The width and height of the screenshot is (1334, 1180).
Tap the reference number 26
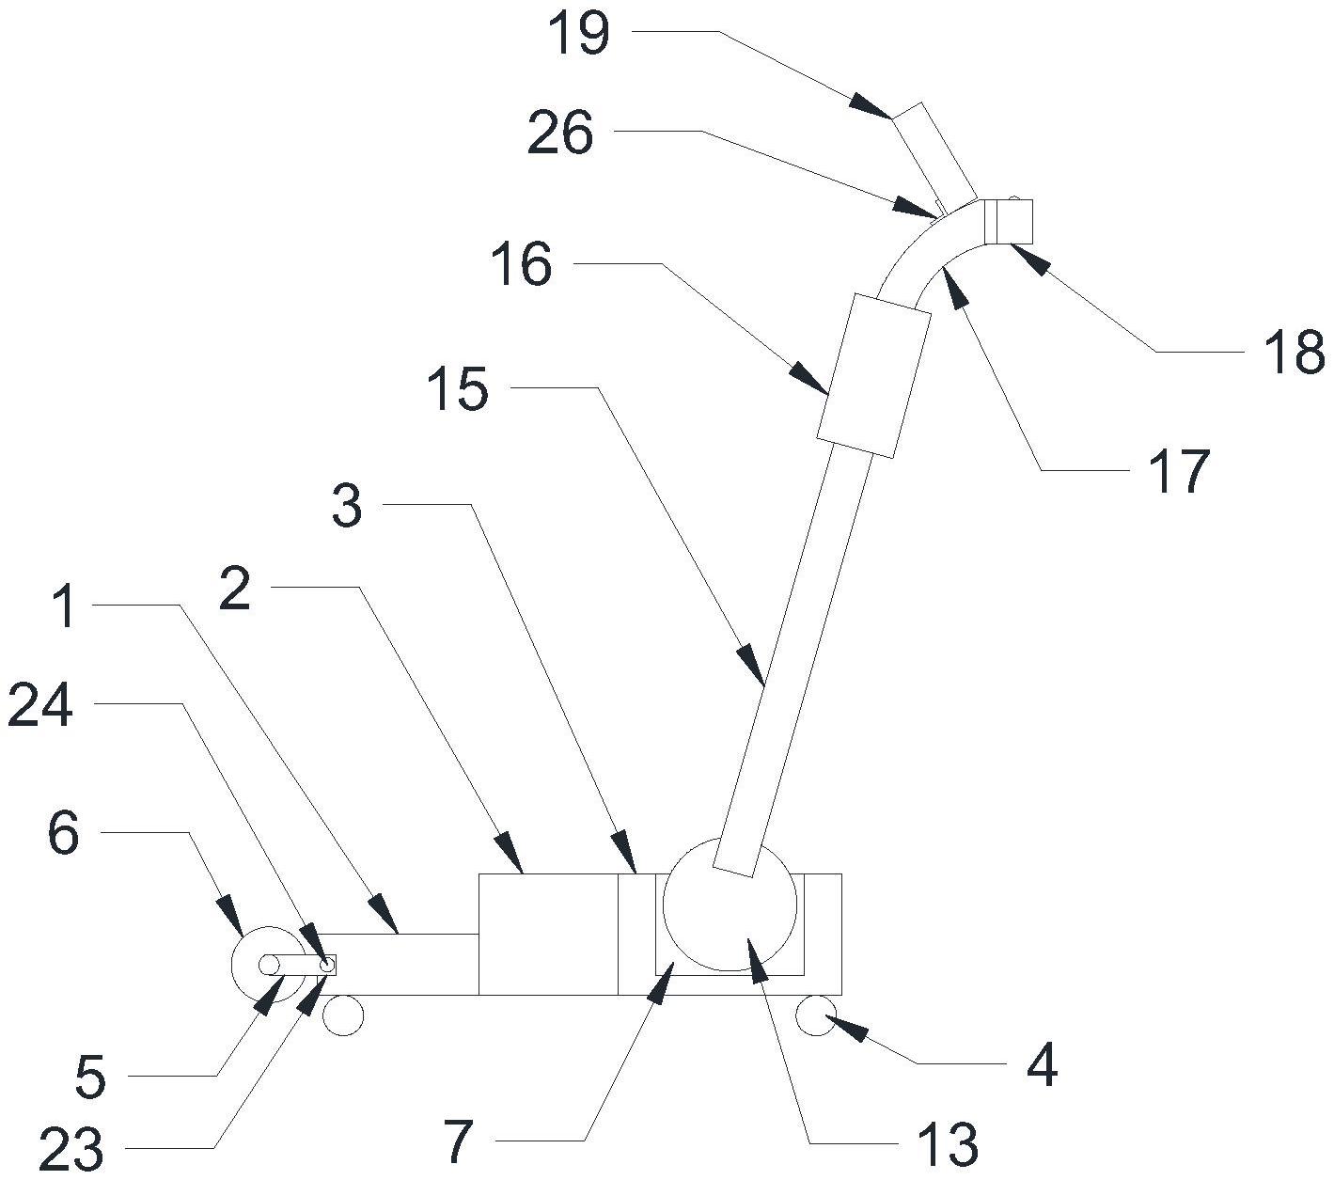coord(560,134)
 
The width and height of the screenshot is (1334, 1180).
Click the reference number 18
coord(1295,353)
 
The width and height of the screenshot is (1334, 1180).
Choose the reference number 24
coord(40,706)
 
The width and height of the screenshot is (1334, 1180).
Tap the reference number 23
coord(71,1147)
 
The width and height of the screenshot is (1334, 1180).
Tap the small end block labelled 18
coord(1008,220)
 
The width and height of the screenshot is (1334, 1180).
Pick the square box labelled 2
coord(548,934)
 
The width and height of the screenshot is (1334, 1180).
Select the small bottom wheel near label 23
coord(342,1015)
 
